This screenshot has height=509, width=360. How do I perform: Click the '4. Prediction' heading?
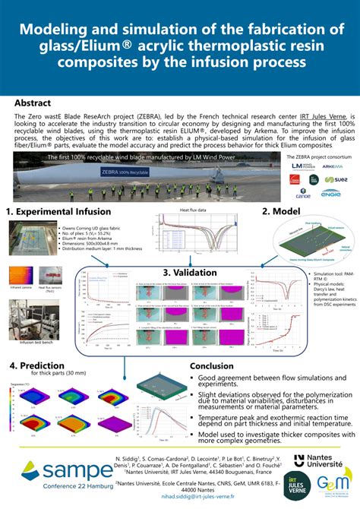(36, 366)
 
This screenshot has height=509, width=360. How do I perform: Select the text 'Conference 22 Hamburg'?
(56, 494)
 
